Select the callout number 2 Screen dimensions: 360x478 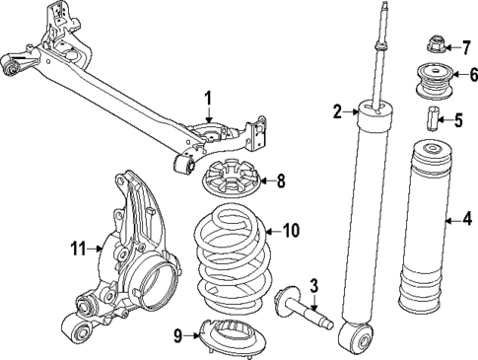tap(336, 112)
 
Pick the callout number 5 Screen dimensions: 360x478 tap(457, 121)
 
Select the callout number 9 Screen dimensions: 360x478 tap(178, 335)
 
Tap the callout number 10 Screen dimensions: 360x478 tap(290, 231)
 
